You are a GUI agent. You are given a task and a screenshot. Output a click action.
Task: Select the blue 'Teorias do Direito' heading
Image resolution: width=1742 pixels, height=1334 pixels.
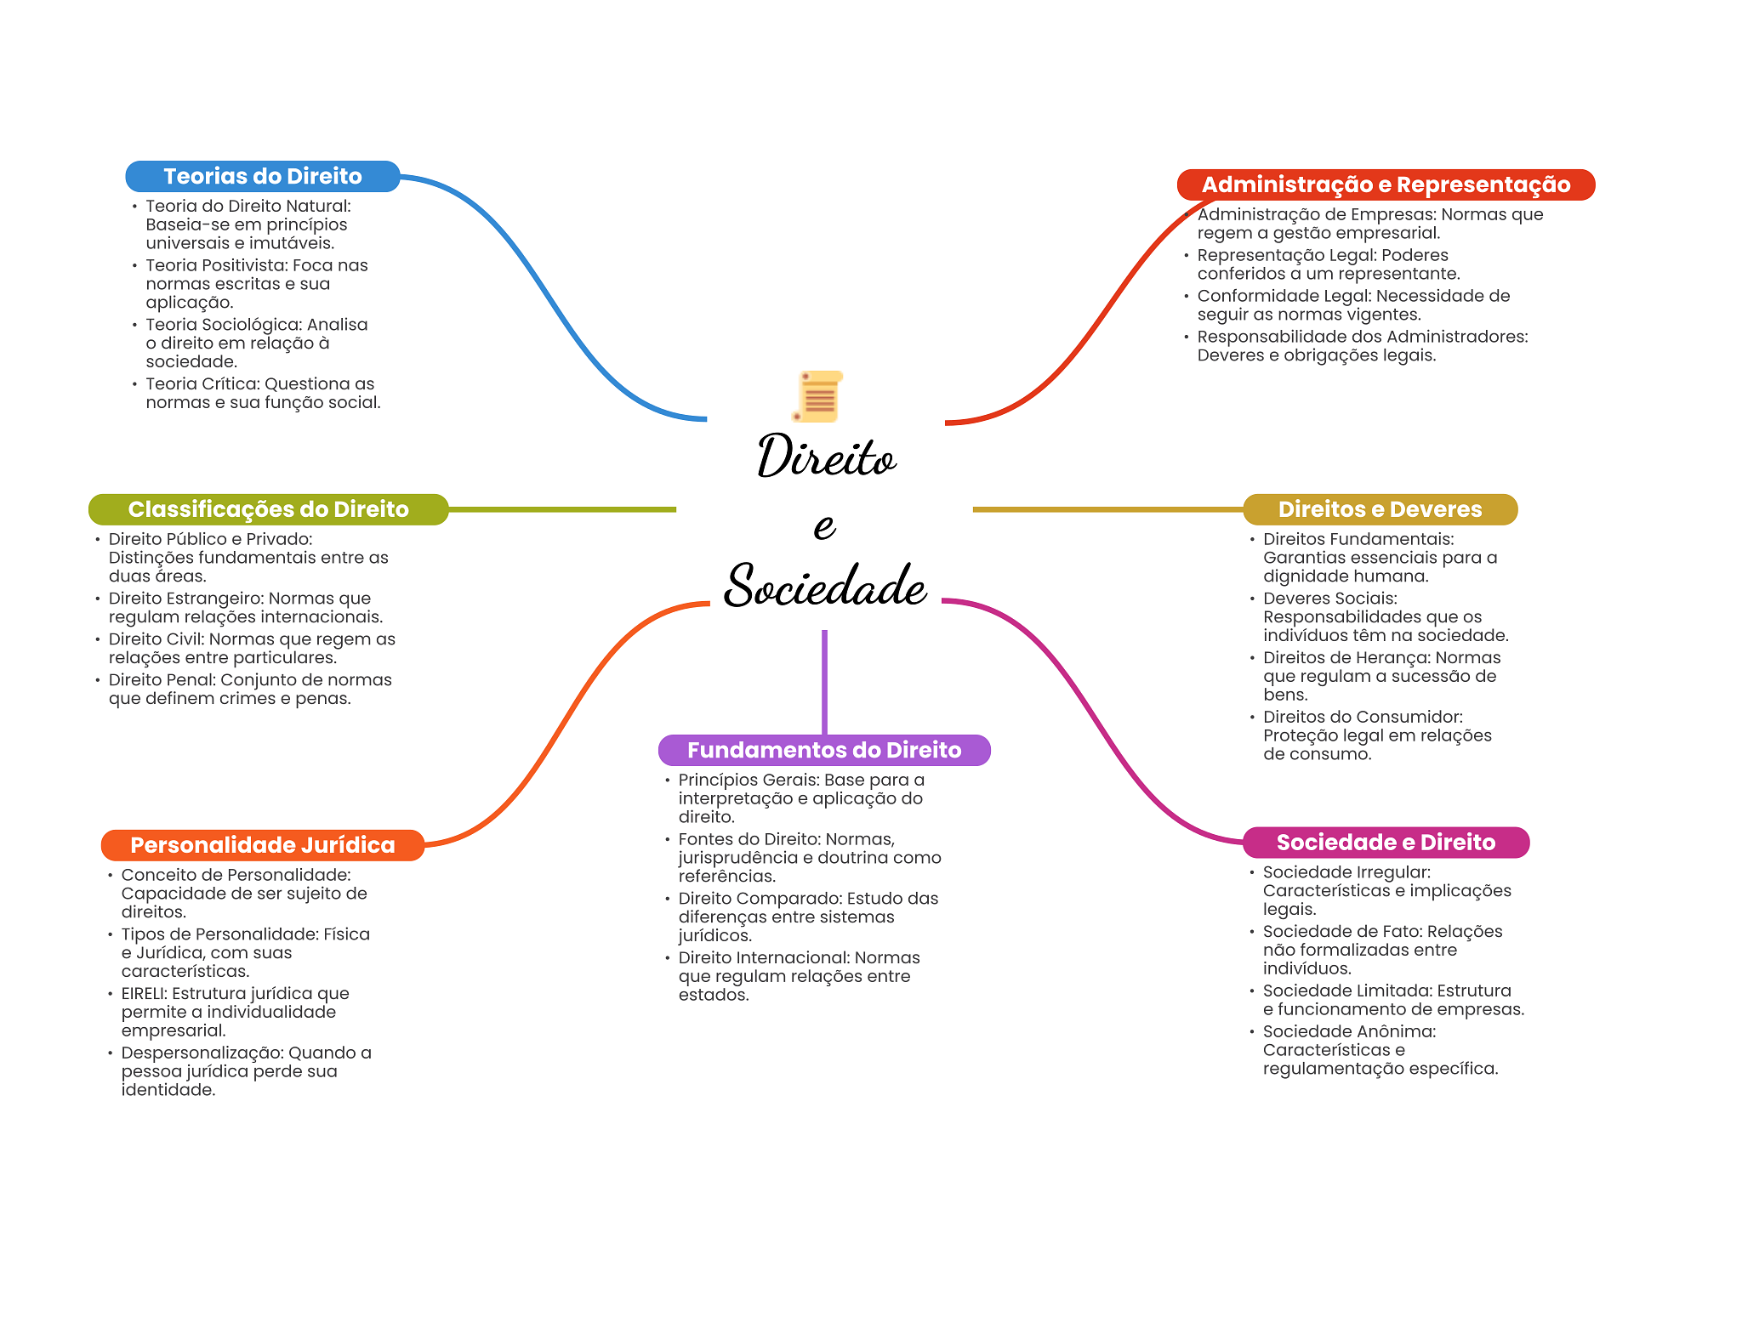(263, 176)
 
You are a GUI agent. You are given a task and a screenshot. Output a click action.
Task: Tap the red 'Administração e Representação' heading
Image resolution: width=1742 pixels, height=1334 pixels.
(1386, 184)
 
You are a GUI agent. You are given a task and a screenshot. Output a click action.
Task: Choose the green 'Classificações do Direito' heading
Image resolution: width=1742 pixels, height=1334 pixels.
(268, 509)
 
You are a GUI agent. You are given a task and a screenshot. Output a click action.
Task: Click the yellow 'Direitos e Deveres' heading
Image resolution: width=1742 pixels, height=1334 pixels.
(1380, 509)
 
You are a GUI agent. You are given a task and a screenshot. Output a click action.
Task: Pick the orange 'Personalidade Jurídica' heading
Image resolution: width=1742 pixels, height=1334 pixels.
(262, 845)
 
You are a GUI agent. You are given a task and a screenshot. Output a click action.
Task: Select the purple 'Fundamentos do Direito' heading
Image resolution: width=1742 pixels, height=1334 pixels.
(824, 750)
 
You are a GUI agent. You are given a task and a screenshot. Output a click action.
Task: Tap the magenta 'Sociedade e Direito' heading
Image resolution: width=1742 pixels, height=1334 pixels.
(1386, 843)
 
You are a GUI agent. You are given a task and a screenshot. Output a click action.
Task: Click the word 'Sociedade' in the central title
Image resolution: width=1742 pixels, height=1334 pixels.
(825, 586)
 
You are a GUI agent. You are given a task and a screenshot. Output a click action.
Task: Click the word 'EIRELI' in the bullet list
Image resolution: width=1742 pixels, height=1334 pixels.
(143, 994)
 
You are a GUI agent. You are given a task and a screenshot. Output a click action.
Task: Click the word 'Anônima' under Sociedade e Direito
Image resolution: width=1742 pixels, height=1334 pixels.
(1397, 1032)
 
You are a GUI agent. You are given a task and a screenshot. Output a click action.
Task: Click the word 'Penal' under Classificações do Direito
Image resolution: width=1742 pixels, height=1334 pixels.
(188, 680)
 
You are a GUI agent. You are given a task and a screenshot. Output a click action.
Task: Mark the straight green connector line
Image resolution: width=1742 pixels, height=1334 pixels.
(561, 509)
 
